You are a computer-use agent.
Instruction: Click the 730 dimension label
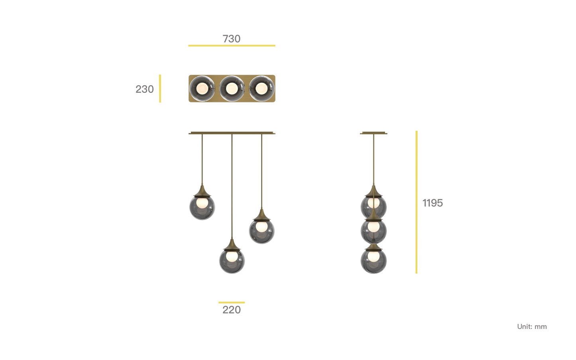tap(232, 39)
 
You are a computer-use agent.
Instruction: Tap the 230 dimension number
tap(145, 89)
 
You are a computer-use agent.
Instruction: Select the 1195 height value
tap(432, 203)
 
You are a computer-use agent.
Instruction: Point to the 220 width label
tap(232, 310)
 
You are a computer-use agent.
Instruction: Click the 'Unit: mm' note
tap(532, 327)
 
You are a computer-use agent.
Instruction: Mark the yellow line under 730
tap(232, 45)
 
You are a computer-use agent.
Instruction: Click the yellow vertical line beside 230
tap(160, 89)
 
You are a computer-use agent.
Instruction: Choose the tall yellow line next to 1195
tap(417, 202)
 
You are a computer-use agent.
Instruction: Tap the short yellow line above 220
tap(232, 303)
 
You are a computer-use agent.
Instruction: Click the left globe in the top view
tap(202, 89)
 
